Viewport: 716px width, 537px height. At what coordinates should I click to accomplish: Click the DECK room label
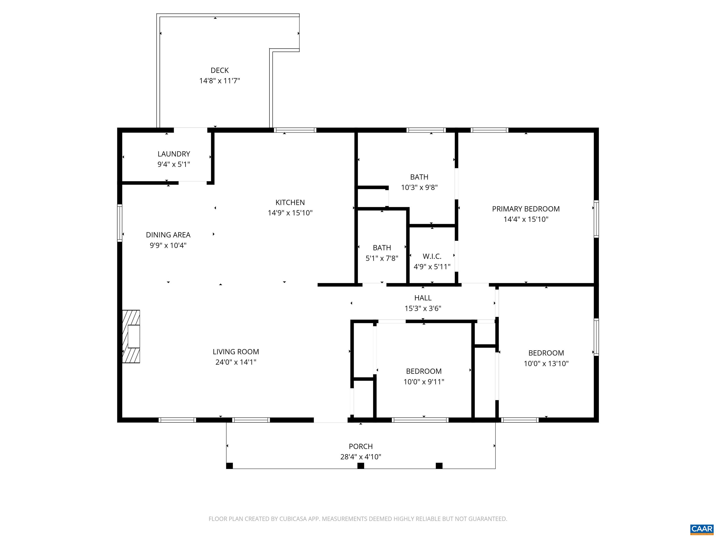(220, 70)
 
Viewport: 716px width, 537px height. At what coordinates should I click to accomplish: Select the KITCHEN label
(290, 202)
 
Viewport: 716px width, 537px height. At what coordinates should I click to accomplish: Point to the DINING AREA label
(168, 235)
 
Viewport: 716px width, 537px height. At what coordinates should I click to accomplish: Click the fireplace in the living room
(131, 337)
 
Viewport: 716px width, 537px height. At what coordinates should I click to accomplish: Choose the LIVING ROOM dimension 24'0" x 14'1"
(236, 362)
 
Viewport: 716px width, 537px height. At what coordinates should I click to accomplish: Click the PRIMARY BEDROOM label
(526, 209)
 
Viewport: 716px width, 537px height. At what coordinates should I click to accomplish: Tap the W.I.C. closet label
(432, 256)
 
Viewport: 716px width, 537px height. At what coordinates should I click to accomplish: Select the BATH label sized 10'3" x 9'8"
(419, 177)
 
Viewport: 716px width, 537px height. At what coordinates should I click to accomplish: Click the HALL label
(423, 298)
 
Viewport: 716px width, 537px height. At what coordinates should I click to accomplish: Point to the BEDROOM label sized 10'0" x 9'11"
(424, 371)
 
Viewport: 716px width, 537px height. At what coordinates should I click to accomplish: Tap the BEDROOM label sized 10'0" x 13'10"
(546, 353)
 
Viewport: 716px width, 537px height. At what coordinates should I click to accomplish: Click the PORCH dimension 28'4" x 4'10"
(361, 457)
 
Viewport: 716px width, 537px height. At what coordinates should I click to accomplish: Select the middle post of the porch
(361, 465)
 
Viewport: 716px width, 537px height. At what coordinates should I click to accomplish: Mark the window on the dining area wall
(119, 223)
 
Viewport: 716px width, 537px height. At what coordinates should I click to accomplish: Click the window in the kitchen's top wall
(295, 130)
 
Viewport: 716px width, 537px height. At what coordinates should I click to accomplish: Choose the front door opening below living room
(330, 420)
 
